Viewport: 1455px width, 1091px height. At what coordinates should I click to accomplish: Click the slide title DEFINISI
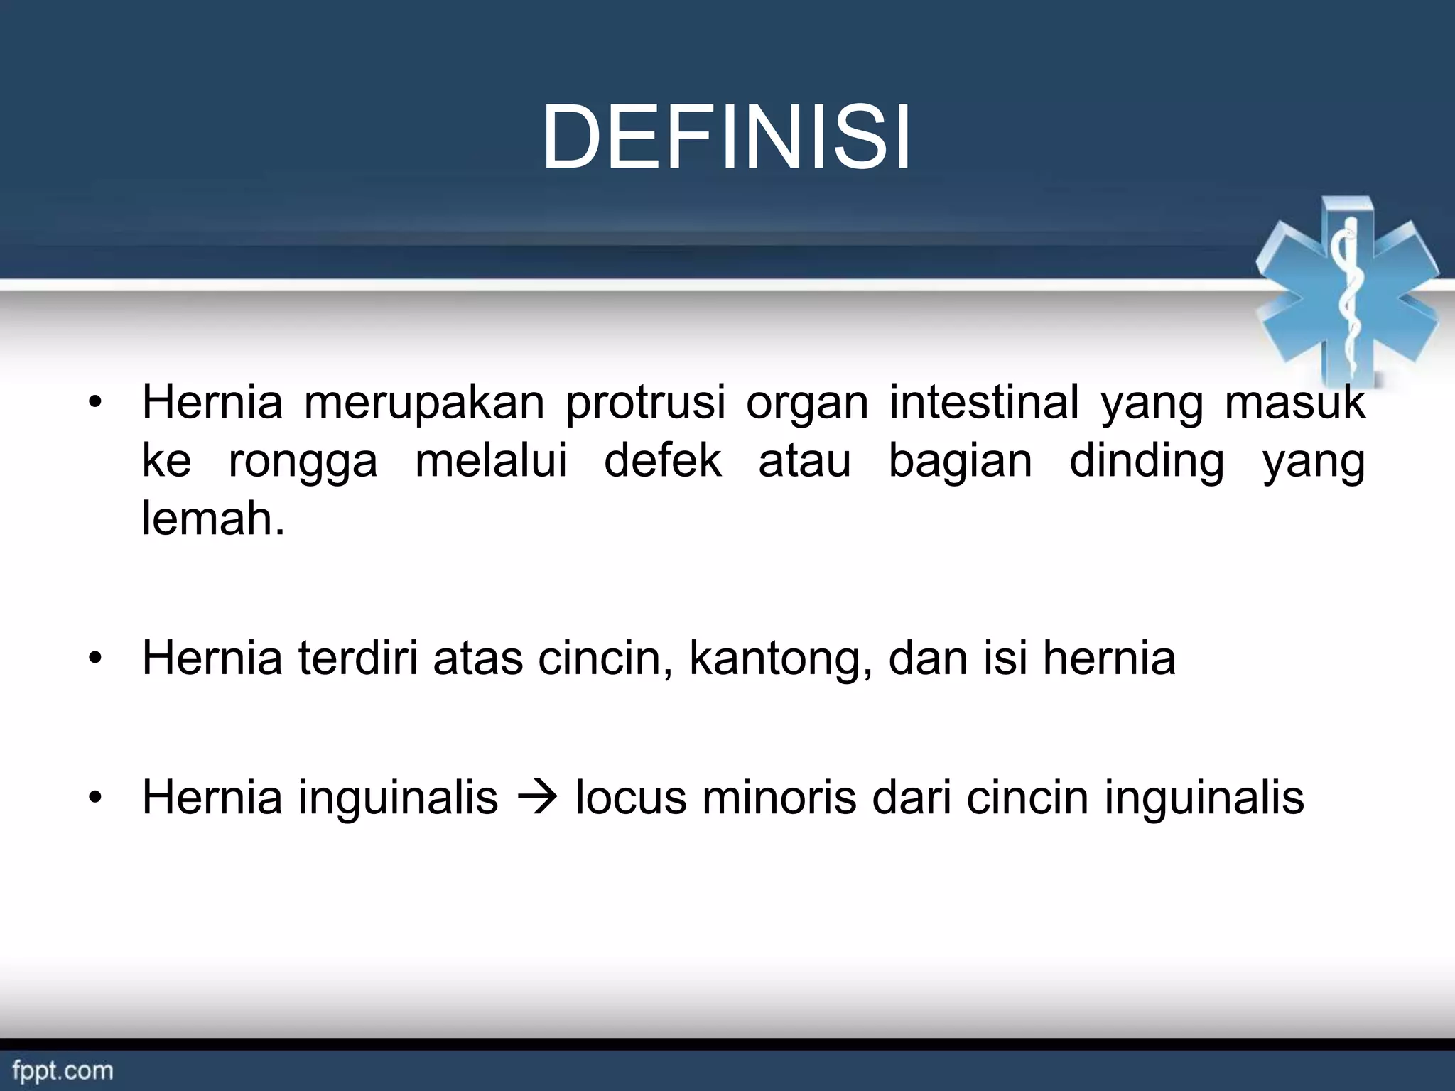click(726, 138)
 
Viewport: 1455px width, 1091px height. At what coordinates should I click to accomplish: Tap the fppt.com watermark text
click(63, 1070)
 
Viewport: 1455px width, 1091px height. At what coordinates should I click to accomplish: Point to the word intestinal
click(984, 402)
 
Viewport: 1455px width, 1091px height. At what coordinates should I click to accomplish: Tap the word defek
click(662, 460)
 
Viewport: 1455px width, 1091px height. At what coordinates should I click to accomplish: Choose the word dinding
click(1147, 462)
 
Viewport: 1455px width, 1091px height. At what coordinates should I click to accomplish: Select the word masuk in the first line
click(1294, 402)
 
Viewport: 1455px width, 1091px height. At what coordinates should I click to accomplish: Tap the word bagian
click(960, 462)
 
